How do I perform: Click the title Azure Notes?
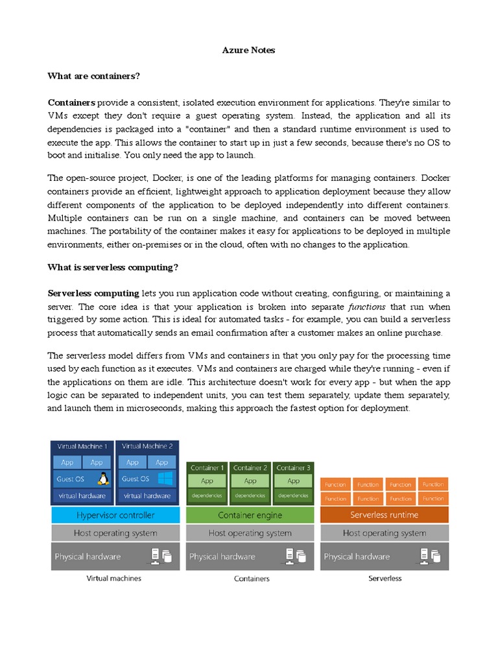pyautogui.click(x=248, y=51)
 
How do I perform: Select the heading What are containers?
pyautogui.click(x=93, y=77)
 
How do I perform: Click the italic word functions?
pyautogui.click(x=367, y=307)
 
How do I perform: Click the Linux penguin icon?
pyautogui.click(x=102, y=479)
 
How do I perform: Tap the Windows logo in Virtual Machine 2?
pyautogui.click(x=165, y=479)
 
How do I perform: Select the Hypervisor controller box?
pyautogui.click(x=115, y=515)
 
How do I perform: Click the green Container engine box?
pyautogui.click(x=250, y=515)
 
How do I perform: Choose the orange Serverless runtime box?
pyautogui.click(x=384, y=515)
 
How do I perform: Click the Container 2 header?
pyautogui.click(x=250, y=468)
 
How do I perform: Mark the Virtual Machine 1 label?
pyautogui.click(x=82, y=446)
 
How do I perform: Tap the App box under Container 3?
pyautogui.click(x=293, y=481)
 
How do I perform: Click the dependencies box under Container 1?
pyautogui.click(x=207, y=495)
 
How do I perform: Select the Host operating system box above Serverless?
pyautogui.click(x=384, y=533)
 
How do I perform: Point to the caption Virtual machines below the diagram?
pyautogui.click(x=115, y=578)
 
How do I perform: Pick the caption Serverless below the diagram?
pyautogui.click(x=385, y=578)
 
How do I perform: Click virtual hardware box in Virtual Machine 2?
pyautogui.click(x=147, y=495)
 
